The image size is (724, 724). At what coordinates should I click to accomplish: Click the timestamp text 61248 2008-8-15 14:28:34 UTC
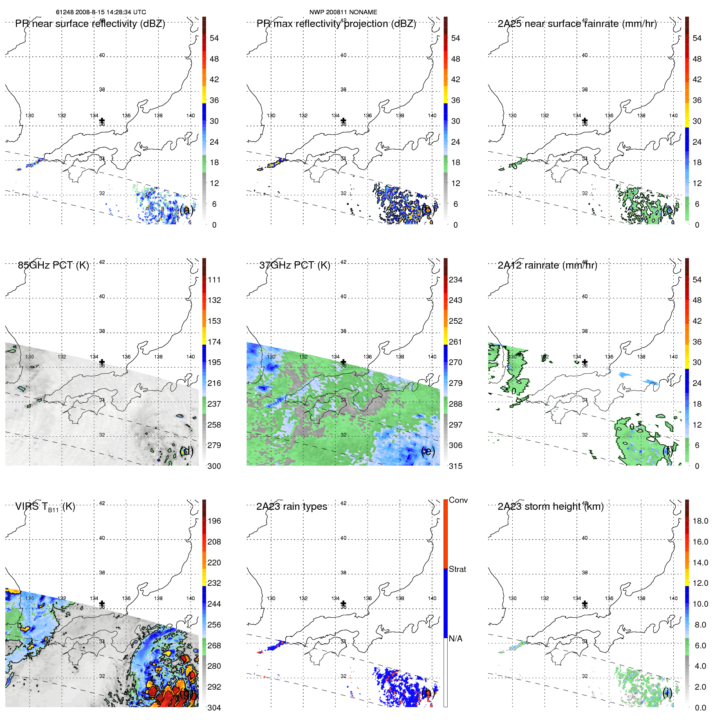click(101, 12)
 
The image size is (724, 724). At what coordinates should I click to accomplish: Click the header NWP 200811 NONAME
click(343, 12)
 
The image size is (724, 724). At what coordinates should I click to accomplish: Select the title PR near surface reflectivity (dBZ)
click(90, 24)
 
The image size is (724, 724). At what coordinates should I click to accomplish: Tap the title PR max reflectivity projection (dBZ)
click(336, 24)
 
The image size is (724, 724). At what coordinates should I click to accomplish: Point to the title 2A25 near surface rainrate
click(577, 24)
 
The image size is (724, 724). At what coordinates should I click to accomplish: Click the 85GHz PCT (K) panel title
click(53, 265)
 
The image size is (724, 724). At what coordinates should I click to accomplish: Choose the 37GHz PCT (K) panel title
click(294, 265)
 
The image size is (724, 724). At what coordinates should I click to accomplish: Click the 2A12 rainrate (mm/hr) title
click(547, 265)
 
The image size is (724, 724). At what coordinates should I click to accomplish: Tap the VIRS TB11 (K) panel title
click(45, 507)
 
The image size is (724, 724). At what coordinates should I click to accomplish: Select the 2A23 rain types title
click(291, 507)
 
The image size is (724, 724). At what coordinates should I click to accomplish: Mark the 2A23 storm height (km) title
click(550, 507)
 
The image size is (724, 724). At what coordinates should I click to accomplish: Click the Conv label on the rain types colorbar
click(458, 500)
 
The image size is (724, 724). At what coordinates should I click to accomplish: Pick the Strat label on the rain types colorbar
click(457, 569)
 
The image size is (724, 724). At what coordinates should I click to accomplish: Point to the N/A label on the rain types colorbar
click(455, 639)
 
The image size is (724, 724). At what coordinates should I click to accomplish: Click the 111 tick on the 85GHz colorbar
click(214, 280)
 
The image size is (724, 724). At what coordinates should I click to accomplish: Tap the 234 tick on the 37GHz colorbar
click(455, 280)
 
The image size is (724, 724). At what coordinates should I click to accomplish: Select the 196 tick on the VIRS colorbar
click(214, 521)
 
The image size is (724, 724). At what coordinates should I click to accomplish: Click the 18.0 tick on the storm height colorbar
click(700, 521)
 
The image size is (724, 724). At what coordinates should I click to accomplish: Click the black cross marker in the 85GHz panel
click(102, 362)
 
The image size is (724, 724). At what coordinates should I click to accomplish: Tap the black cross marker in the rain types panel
click(343, 603)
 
